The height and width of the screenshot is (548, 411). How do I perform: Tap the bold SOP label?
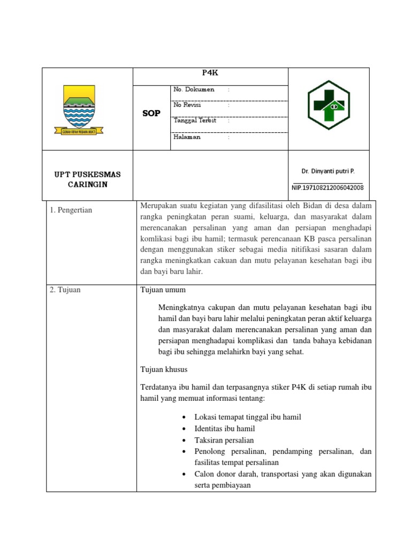click(x=151, y=113)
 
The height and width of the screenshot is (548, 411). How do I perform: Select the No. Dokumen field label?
click(x=194, y=89)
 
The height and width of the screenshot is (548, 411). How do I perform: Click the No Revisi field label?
click(x=187, y=105)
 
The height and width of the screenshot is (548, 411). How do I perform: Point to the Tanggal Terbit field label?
click(x=195, y=120)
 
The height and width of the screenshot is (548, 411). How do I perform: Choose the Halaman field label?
click(x=187, y=137)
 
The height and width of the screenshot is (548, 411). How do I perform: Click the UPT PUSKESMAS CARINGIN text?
click(x=87, y=179)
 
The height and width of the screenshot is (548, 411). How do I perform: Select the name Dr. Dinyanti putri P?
click(x=328, y=171)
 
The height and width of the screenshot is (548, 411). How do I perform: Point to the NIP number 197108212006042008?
click(x=328, y=188)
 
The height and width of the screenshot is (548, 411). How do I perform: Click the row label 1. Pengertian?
click(x=71, y=210)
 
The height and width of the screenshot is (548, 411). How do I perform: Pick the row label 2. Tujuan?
click(x=65, y=290)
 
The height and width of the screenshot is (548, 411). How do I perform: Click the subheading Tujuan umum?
click(x=163, y=290)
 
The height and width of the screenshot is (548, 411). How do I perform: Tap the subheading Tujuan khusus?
click(x=164, y=369)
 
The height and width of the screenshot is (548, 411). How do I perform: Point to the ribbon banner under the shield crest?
click(x=79, y=131)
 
